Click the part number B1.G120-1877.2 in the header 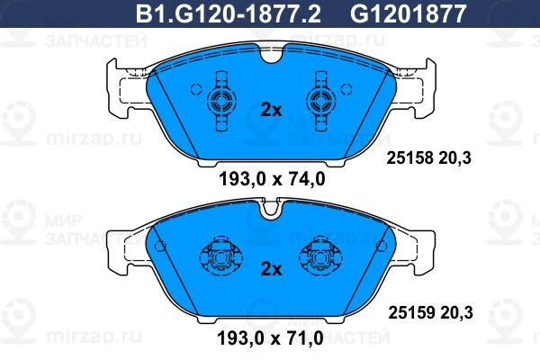(229, 13)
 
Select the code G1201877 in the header (408, 13)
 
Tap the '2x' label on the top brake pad (272, 110)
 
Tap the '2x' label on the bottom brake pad (272, 269)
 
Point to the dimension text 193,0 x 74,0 (272, 179)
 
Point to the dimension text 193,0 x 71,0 (270, 338)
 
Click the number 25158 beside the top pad (409, 158)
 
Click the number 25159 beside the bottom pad (411, 313)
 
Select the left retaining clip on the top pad (221, 101)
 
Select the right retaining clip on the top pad (321, 101)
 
